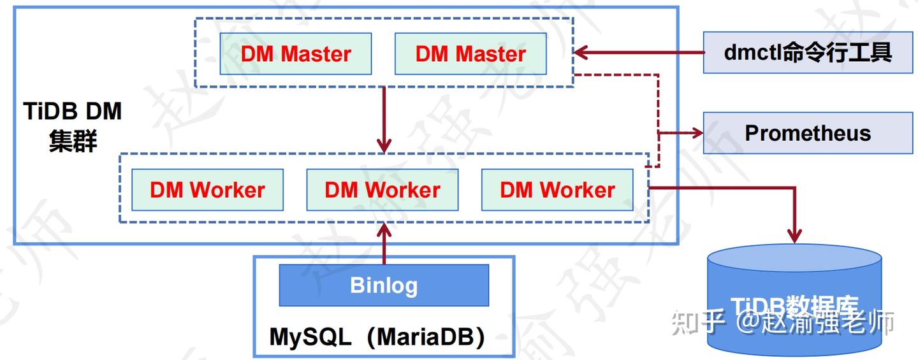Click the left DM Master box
point(296,54)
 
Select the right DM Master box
point(470,54)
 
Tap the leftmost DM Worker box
point(207,189)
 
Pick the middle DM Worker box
point(382,189)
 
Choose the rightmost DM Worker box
point(557,189)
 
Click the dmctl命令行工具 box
point(808,52)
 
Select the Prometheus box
point(808,133)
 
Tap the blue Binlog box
point(384,285)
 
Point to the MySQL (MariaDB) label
point(377,336)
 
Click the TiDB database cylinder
point(794,299)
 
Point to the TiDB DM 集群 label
point(72,127)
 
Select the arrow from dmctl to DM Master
point(637,52)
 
